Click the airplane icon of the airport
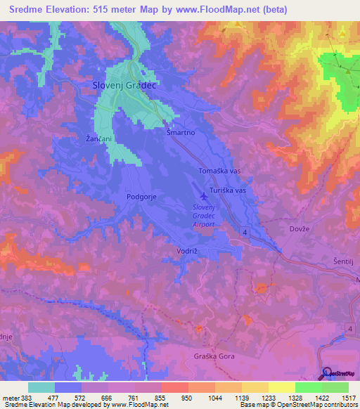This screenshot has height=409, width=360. tap(205, 196)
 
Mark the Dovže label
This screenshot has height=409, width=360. tap(300, 228)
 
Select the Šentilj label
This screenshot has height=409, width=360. tap(344, 261)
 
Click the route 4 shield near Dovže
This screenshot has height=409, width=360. tap(246, 231)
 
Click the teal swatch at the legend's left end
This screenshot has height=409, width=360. tap(41, 387)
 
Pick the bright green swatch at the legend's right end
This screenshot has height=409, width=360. tap(335, 387)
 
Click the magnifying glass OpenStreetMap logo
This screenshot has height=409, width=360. tap(327, 372)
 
